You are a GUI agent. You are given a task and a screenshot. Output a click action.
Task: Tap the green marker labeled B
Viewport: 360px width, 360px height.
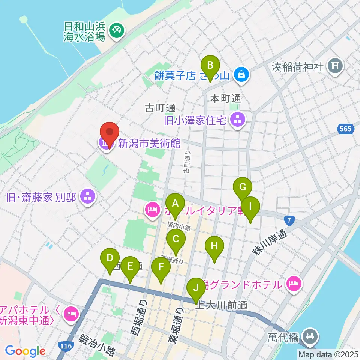210,66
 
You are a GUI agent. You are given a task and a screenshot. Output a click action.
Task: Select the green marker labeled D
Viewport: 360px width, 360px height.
109,259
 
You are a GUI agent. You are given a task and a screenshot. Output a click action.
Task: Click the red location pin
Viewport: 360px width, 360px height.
109,133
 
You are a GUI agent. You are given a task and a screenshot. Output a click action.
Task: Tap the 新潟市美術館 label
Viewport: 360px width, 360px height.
150,143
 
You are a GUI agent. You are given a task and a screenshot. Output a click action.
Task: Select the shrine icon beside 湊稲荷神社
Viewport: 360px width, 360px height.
335,67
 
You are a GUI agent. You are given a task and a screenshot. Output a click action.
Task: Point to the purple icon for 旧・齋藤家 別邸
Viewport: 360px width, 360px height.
88,196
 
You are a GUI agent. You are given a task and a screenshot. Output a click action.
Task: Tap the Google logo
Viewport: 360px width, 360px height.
25,351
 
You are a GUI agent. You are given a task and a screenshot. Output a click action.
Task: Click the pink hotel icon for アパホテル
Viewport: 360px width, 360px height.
71,312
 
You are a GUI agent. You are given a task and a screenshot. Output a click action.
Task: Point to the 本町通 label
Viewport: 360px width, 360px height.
225,99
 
